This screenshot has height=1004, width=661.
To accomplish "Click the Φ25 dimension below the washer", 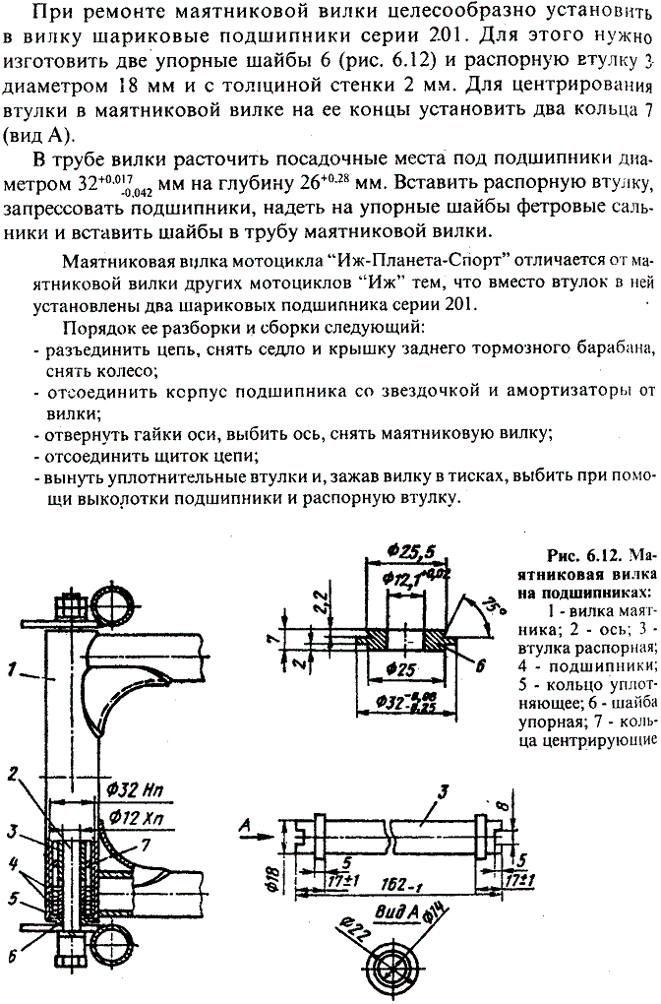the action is tap(400, 669).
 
